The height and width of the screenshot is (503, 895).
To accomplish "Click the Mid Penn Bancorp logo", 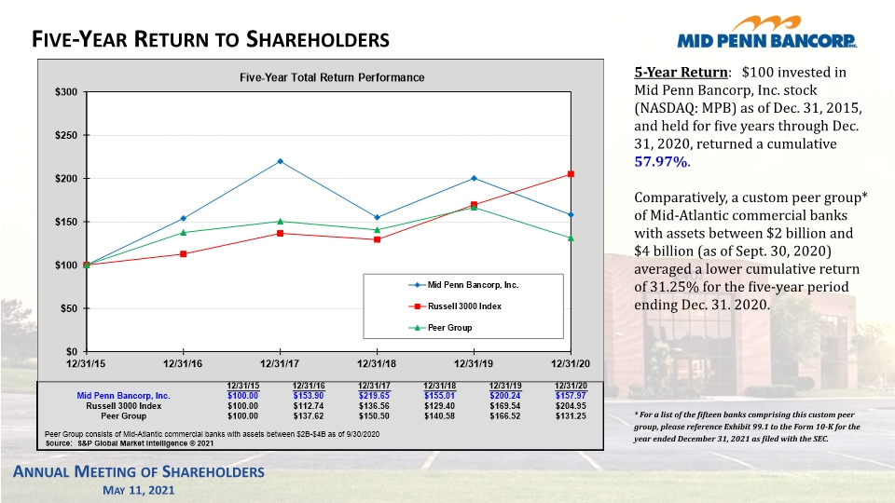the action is click(x=767, y=32).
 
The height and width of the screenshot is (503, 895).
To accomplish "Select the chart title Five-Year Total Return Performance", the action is click(x=332, y=77).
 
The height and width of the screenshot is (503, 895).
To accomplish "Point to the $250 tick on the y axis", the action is click(x=66, y=135).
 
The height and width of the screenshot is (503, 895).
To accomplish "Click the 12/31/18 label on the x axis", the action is click(x=377, y=363).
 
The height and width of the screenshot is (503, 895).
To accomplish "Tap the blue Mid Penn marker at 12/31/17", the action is click(x=280, y=161).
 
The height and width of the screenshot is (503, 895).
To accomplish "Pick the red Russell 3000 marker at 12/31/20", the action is click(x=571, y=174).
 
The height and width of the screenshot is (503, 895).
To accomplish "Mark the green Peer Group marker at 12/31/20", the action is click(x=571, y=238).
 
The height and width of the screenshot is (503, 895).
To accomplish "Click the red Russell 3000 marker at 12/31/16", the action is click(x=184, y=253).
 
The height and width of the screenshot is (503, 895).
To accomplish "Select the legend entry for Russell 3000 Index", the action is click(x=456, y=306).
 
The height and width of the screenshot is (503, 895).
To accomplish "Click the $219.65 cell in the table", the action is click(x=374, y=396).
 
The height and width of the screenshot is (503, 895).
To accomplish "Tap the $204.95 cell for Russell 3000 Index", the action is click(x=571, y=406).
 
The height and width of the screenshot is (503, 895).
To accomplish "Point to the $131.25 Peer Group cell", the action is click(x=571, y=416).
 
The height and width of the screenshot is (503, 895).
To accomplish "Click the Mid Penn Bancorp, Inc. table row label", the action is click(x=123, y=396).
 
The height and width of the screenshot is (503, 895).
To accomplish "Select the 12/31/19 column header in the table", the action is click(x=505, y=386).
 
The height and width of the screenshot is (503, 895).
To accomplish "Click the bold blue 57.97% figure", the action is click(x=660, y=161).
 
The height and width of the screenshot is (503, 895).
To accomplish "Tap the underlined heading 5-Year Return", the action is click(x=681, y=73).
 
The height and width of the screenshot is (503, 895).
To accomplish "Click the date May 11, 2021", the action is click(x=139, y=491).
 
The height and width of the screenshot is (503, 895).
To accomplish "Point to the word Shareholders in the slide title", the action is click(x=318, y=39).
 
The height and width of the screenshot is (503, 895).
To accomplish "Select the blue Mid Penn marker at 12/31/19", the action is click(x=474, y=178).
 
